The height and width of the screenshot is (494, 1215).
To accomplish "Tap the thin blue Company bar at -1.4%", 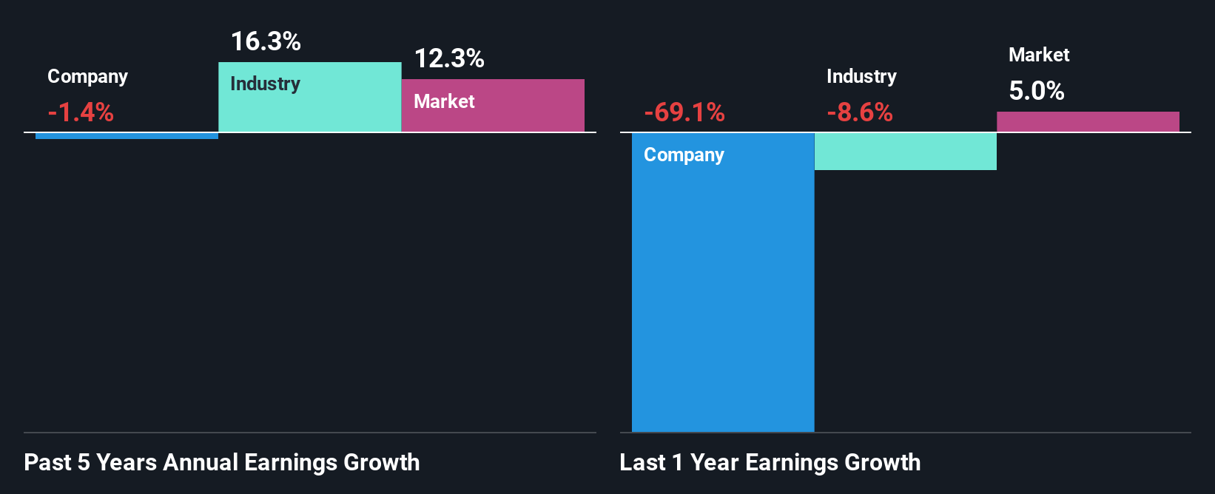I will pyautogui.click(x=127, y=136).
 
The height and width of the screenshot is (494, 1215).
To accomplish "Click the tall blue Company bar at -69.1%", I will pyautogui.click(x=722, y=296).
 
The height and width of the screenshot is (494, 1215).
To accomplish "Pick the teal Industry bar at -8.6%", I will pyautogui.click(x=905, y=152).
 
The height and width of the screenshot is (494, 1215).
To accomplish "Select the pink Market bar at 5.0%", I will pyautogui.click(x=1088, y=122).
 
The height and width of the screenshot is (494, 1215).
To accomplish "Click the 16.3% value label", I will pyautogui.click(x=266, y=41).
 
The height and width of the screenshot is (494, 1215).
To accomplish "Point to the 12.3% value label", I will pyautogui.click(x=449, y=58).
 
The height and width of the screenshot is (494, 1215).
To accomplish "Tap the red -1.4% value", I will pyautogui.click(x=81, y=112).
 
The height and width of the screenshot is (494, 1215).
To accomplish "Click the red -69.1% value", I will pyautogui.click(x=684, y=112).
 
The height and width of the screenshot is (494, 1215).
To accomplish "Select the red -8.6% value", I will pyautogui.click(x=860, y=112).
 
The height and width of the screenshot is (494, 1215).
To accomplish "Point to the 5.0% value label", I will pyautogui.click(x=1037, y=91).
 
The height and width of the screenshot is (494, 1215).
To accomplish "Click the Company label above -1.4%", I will pyautogui.click(x=87, y=76).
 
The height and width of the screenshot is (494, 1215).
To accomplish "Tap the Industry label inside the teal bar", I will pyautogui.click(x=265, y=84).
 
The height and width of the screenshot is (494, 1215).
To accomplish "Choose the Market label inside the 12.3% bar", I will pyautogui.click(x=444, y=101).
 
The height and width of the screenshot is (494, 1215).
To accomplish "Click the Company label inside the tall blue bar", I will pyautogui.click(x=684, y=155).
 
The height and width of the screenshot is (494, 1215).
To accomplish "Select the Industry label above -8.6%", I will pyautogui.click(x=861, y=76).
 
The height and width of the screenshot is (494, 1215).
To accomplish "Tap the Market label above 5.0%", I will pyautogui.click(x=1039, y=55).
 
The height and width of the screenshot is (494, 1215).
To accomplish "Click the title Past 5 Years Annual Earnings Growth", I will pyautogui.click(x=222, y=462).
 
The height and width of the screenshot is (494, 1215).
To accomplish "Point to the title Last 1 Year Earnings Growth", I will pyautogui.click(x=770, y=462).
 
